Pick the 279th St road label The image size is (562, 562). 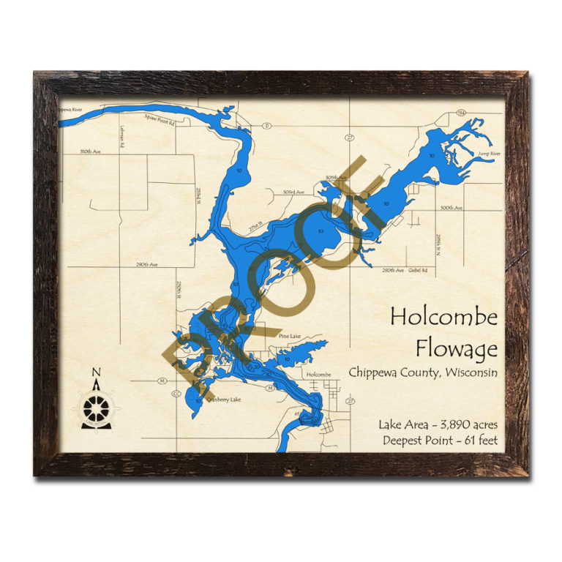point(254,229)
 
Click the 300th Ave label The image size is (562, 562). point(452,208)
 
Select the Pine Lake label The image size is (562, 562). point(290,336)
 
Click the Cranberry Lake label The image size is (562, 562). point(223,400)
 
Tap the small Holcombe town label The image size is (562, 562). point(319,375)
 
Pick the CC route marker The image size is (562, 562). point(176,394)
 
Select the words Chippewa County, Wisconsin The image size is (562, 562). point(422,372)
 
